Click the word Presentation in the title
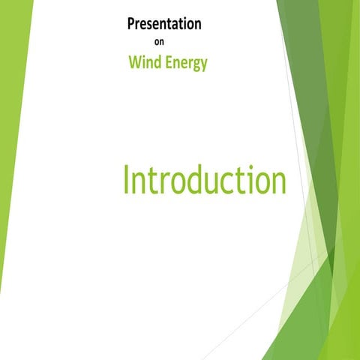[x=164, y=24]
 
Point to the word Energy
[x=187, y=64]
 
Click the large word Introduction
[x=204, y=181]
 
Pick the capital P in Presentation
[x=132, y=24]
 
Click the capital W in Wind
[x=135, y=63]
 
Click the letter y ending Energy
[x=204, y=65]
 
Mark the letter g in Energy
[x=196, y=65]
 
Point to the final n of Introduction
[x=278, y=184]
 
